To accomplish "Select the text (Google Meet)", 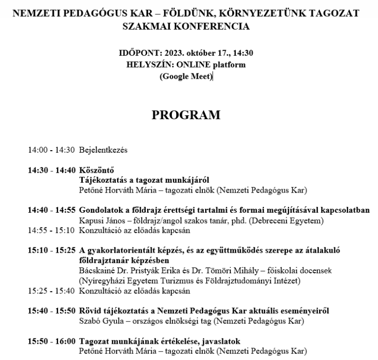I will (x=186, y=76).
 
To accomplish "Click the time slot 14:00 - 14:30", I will (x=51, y=150).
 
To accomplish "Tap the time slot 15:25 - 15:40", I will (x=51, y=291).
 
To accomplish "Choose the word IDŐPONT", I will (x=138, y=53).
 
